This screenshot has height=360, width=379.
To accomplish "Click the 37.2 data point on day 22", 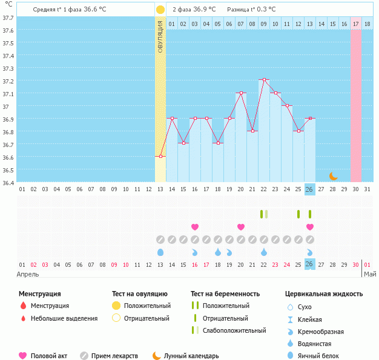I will coord(264,80).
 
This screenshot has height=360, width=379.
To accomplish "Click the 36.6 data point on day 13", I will coord(160,156).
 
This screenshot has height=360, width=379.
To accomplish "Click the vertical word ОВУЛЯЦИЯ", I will coord(160,36).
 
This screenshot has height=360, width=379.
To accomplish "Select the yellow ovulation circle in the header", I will coord(160,10).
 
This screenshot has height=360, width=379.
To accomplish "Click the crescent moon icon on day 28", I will coord(333,176).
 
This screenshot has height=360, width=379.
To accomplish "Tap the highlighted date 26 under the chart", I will coord(309,264).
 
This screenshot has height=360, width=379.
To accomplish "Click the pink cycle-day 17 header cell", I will coord(356,24).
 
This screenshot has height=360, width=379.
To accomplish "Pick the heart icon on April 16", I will coord(195,227).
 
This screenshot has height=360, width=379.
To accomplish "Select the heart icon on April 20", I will coord(241,227).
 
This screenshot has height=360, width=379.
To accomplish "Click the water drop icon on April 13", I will coord(160,252).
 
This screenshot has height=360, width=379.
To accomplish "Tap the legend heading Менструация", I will coord(40,294).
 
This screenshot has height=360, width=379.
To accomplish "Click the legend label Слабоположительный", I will coord(234,330).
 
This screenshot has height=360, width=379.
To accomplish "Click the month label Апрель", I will coord(29,274).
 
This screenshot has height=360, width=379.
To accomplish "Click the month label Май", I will coord(369,274).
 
